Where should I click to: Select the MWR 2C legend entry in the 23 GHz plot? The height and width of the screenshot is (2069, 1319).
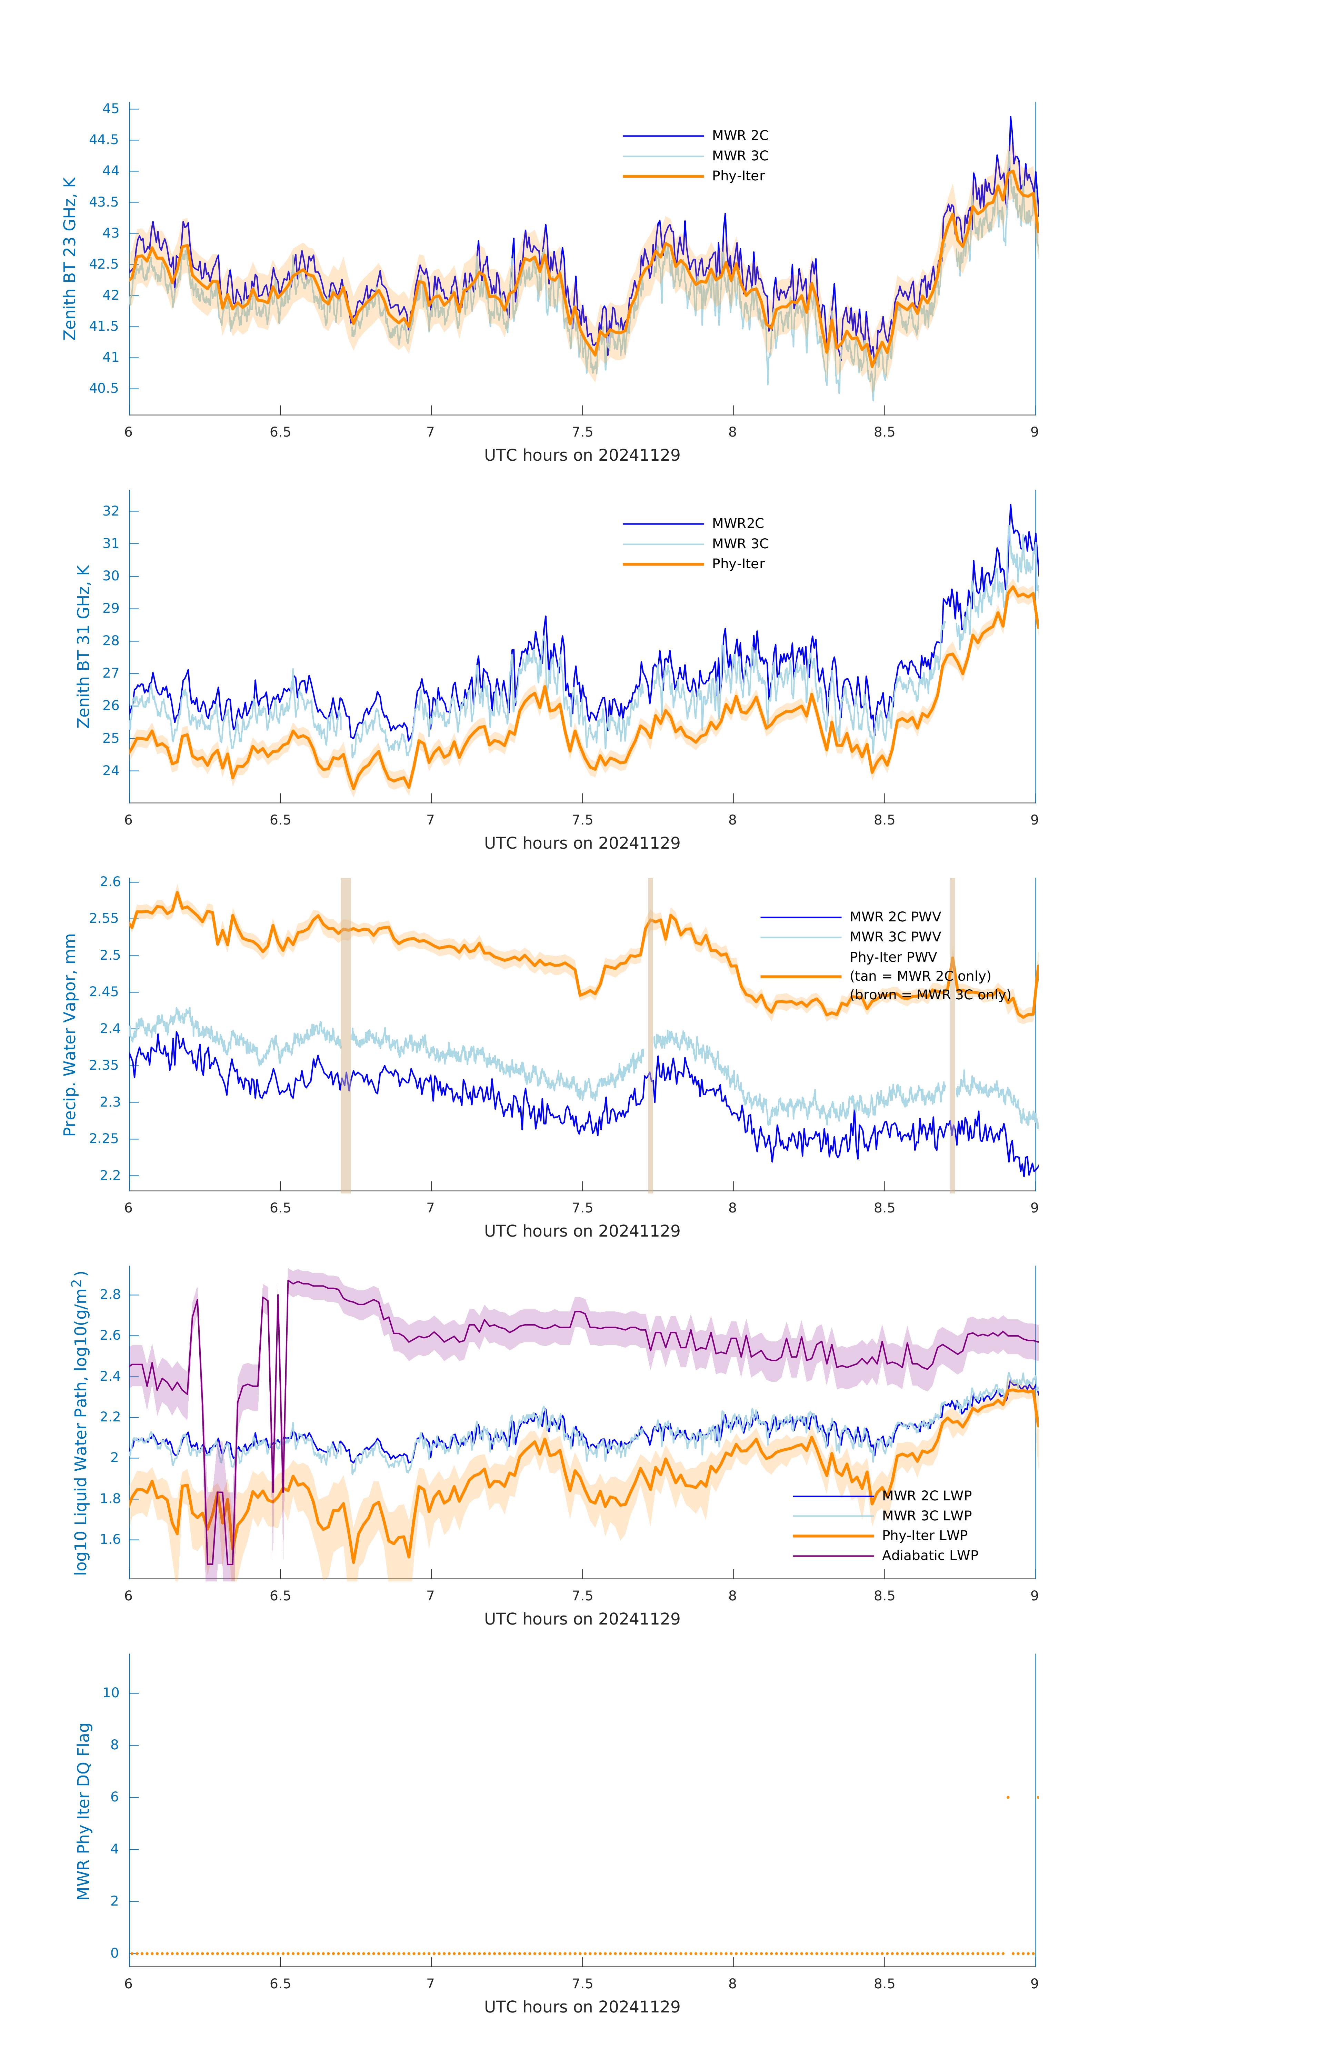pyautogui.click(x=739, y=136)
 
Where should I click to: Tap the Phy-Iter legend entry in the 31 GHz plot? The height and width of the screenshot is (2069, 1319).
pyautogui.click(x=737, y=564)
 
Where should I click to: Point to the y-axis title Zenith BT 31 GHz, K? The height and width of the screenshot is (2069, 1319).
pyautogui.click(x=83, y=646)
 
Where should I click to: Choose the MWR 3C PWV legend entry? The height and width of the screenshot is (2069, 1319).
pyautogui.click(x=895, y=937)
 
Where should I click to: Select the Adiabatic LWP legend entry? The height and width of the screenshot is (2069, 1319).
pyautogui.click(x=929, y=1555)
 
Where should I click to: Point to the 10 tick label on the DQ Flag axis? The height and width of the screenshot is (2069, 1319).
pyautogui.click(x=111, y=1693)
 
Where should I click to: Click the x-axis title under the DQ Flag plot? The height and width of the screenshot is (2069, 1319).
pyautogui.click(x=582, y=2007)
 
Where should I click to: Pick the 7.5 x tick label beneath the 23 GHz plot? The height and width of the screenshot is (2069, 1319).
pyautogui.click(x=582, y=432)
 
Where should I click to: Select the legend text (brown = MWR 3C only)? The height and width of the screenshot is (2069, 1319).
pyautogui.click(x=930, y=995)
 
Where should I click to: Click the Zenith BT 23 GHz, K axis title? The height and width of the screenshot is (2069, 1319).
pyautogui.click(x=70, y=259)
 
